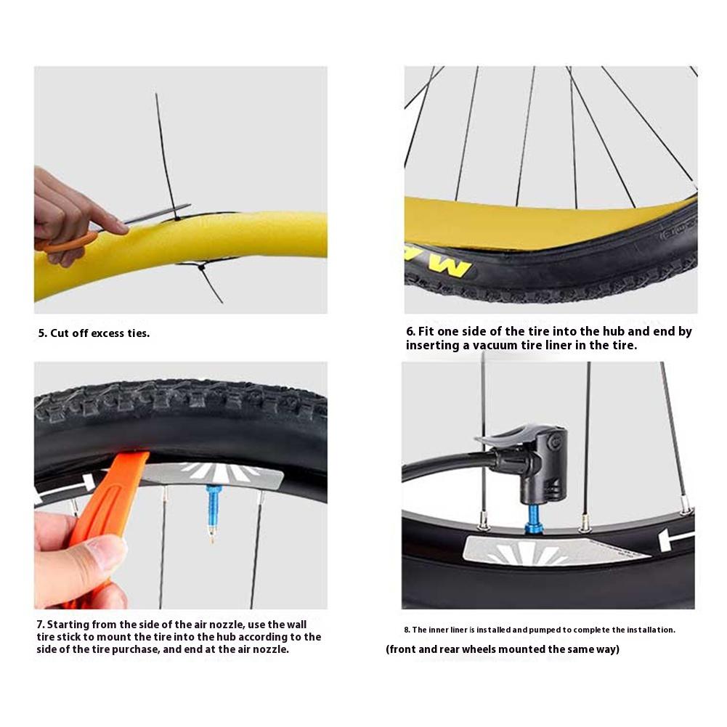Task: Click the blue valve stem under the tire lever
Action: (x=211, y=508)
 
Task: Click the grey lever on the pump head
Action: (x=508, y=438)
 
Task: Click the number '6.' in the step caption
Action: (x=411, y=331)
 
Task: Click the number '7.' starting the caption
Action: (x=41, y=624)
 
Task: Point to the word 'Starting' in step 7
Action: (x=70, y=624)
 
